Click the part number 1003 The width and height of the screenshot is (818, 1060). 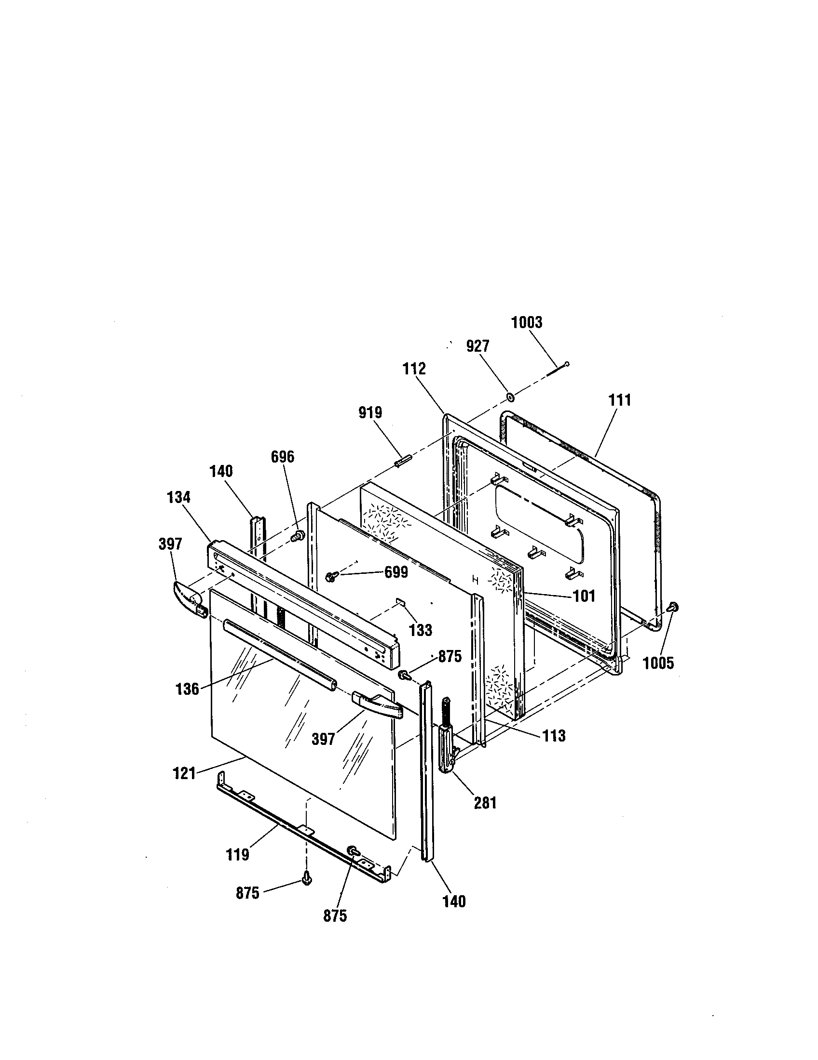click(x=527, y=323)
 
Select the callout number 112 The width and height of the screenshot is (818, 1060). click(x=414, y=369)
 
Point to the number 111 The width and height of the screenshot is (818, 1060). click(x=620, y=400)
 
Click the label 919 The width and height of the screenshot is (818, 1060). click(x=370, y=412)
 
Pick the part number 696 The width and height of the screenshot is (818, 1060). click(x=283, y=457)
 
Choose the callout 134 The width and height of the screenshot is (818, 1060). click(x=179, y=498)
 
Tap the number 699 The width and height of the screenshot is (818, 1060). click(x=396, y=573)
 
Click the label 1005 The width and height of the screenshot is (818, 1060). click(x=659, y=663)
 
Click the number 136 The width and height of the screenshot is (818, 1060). click(x=188, y=689)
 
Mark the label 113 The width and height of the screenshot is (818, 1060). click(x=554, y=736)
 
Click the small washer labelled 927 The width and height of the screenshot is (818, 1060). click(x=510, y=397)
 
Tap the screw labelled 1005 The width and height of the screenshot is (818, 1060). click(x=673, y=607)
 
